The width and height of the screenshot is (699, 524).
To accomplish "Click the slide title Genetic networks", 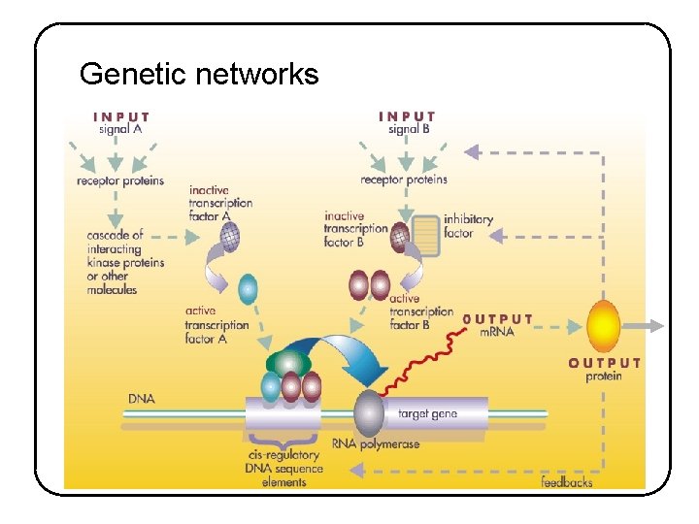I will click(x=199, y=74).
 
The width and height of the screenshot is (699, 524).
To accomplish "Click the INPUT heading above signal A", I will click(x=121, y=117).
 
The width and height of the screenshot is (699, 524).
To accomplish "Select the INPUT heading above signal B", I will click(x=407, y=117).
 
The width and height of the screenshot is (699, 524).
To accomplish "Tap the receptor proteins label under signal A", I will click(x=120, y=180).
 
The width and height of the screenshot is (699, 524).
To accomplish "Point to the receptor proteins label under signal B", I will click(x=404, y=180).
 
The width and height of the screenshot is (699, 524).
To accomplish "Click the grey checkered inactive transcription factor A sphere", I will click(x=229, y=236).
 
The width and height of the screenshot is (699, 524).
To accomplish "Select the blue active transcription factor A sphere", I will click(x=249, y=287).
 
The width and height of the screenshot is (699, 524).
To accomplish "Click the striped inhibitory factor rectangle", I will click(x=426, y=236).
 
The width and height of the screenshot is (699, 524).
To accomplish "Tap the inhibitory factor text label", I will click(x=468, y=226).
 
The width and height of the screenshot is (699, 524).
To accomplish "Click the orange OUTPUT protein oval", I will click(x=603, y=326).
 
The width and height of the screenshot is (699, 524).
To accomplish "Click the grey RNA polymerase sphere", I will click(x=370, y=414).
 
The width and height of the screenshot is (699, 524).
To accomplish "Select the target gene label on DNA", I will click(x=427, y=413).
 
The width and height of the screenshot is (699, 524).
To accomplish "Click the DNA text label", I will click(x=142, y=399).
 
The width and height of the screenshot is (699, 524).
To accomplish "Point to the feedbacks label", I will click(x=566, y=481).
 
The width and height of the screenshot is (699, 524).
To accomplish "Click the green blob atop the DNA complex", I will click(x=287, y=363).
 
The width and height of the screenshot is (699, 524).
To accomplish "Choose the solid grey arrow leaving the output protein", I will click(x=645, y=326).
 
